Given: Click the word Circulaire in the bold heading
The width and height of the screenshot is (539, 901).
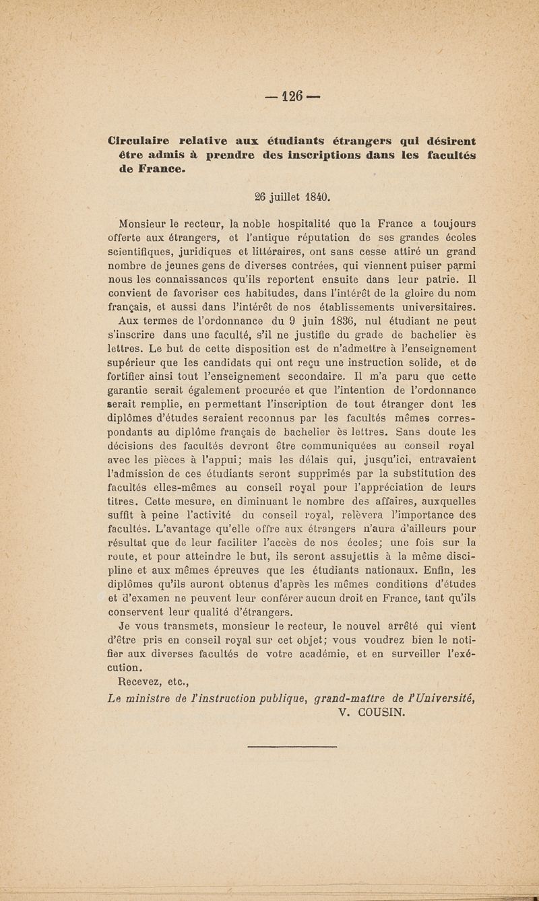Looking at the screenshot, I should click(x=140, y=141).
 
